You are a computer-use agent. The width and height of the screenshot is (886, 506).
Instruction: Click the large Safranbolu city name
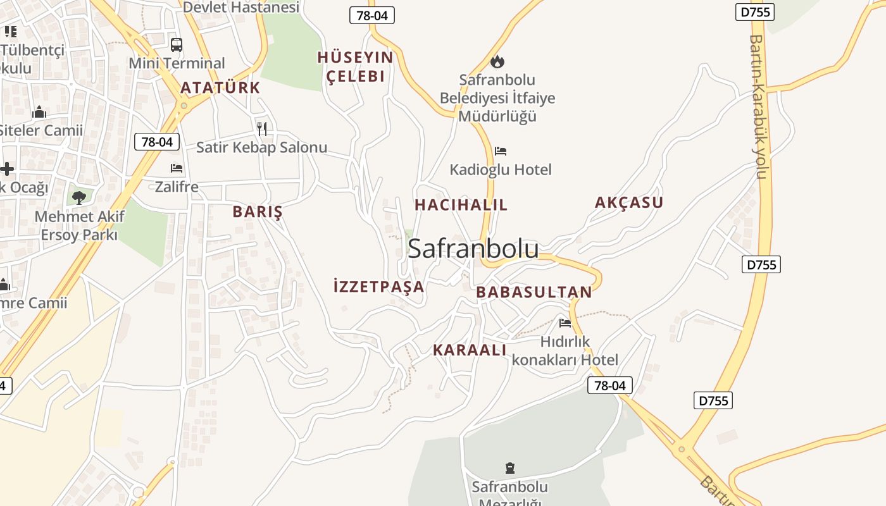473,249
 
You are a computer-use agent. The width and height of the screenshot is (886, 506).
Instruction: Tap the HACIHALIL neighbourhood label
461,205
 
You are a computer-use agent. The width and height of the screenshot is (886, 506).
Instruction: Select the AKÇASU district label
628,202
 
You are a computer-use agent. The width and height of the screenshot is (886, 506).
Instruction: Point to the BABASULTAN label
533,292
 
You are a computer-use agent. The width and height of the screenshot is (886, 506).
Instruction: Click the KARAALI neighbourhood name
470,350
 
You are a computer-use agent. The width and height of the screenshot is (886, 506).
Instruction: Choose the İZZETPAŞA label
378,287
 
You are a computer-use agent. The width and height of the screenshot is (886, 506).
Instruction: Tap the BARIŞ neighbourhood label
257,212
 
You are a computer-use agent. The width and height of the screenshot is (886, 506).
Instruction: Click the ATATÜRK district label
220,88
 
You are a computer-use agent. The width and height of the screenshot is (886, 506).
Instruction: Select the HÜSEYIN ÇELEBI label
354,67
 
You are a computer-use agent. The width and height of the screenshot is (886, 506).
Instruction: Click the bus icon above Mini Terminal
177,45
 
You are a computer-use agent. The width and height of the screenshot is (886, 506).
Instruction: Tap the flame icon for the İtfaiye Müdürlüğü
497,61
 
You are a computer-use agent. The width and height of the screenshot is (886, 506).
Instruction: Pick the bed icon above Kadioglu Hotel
501,151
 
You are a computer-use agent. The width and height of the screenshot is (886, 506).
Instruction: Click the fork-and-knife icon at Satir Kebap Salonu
262,129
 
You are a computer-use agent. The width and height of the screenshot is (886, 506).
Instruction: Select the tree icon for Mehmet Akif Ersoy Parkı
79,197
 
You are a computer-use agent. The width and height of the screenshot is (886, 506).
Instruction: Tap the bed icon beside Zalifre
177,168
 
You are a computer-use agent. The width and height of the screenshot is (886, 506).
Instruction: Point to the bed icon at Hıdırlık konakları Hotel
565,323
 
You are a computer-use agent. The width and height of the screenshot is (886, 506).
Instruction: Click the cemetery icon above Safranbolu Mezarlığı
509,468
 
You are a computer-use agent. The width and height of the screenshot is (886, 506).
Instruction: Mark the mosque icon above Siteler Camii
39,113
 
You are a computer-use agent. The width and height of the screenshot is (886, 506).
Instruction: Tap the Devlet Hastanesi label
240,7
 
